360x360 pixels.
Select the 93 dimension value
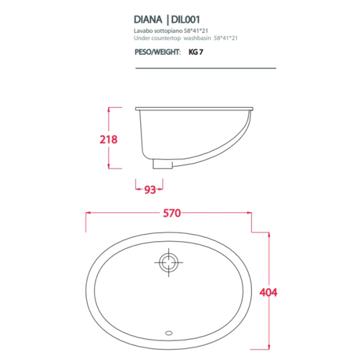[x=150, y=190]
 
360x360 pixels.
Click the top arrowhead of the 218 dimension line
[x=109, y=109]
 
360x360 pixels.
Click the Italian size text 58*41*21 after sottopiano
[x=201, y=31]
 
